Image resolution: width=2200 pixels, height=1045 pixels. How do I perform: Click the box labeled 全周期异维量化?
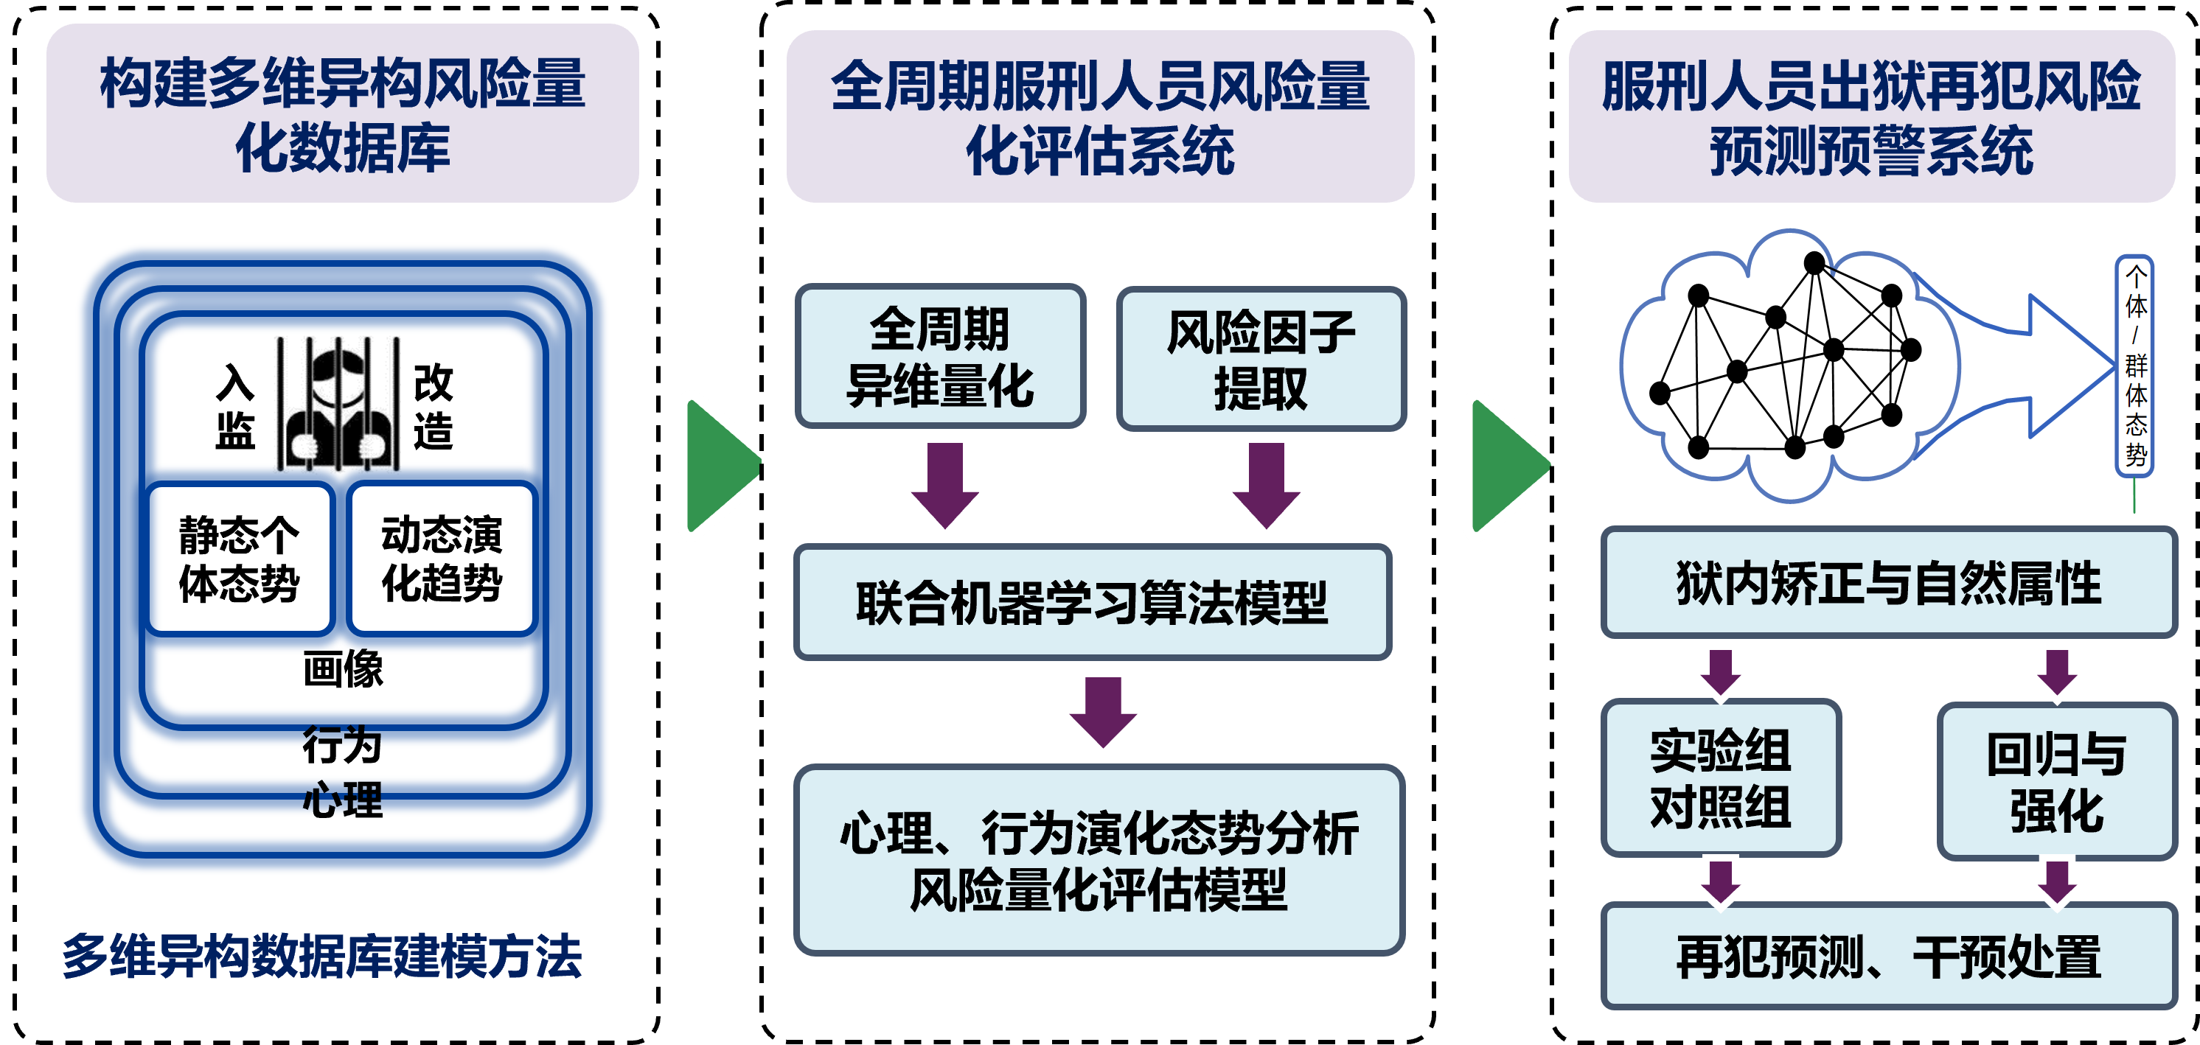tap(940, 356)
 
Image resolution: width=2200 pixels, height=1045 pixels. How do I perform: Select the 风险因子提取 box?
tap(1261, 359)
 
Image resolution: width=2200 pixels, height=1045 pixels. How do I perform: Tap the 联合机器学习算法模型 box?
tap(1093, 602)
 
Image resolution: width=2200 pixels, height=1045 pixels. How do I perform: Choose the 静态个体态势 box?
tap(239, 559)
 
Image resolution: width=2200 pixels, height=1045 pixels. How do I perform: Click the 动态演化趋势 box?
tap(442, 559)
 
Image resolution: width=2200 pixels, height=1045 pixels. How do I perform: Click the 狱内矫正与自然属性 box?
tap(1888, 582)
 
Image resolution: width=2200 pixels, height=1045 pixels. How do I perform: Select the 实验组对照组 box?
tap(1720, 777)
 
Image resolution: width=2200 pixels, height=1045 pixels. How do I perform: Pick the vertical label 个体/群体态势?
tap(2134, 366)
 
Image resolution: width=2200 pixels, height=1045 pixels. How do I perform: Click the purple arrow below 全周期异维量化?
tap(944, 485)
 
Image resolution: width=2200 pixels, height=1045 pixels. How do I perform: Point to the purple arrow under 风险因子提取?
tap(1267, 485)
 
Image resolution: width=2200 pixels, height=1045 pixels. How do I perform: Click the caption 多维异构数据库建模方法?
tap(322, 957)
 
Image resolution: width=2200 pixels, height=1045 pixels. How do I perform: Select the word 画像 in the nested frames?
tap(344, 668)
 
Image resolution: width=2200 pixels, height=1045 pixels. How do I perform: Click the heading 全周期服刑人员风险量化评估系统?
tap(1100, 117)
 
